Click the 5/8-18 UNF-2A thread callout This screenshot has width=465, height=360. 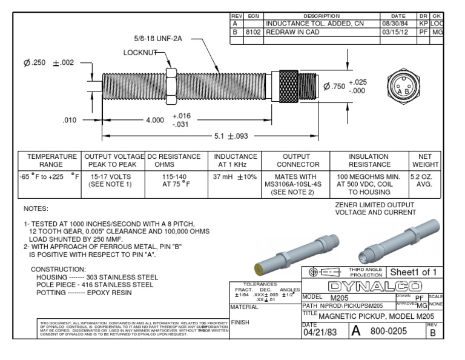pos(154,39)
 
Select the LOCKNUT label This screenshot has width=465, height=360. pos(140,53)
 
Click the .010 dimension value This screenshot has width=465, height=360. pos(71,120)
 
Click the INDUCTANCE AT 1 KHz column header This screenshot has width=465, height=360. pos(236,161)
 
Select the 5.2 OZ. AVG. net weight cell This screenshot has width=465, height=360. pos(426,181)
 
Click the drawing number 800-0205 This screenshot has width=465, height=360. pos(390,332)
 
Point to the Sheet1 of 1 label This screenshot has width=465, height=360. pos(416,272)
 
